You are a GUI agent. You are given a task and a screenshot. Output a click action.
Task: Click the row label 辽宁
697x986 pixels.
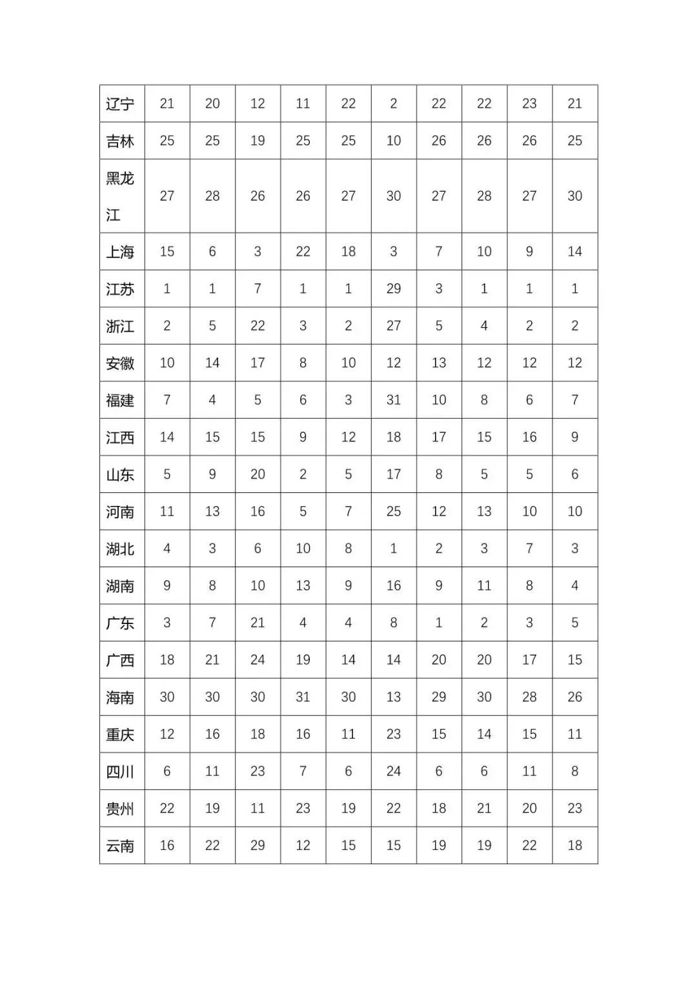point(120,104)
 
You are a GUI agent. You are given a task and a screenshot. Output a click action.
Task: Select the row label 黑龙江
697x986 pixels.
point(120,196)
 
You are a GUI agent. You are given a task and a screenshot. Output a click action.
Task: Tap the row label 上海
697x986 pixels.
point(120,252)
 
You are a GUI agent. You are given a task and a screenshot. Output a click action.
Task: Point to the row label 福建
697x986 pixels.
point(120,400)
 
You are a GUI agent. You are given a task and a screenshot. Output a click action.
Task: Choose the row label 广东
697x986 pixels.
point(120,623)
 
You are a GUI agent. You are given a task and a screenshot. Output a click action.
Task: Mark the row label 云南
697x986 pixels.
point(120,845)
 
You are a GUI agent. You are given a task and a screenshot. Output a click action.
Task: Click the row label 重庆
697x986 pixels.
point(120,734)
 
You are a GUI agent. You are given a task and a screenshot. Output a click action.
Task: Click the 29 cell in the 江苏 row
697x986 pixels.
point(394,288)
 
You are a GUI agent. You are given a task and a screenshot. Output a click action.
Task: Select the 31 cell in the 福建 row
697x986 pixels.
point(394,400)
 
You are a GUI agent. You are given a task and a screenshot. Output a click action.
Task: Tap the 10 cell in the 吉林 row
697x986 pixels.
point(394,141)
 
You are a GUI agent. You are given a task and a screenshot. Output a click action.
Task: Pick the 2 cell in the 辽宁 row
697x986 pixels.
point(394,103)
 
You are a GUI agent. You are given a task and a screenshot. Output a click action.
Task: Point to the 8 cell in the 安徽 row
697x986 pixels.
point(303,363)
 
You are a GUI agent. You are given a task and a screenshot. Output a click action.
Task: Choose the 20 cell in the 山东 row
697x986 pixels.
point(258,474)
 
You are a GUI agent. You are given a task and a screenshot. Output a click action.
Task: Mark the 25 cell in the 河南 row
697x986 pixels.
point(394,511)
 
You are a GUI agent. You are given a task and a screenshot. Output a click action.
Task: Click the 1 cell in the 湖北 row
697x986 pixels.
point(394,548)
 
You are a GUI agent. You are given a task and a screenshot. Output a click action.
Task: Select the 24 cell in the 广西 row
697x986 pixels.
point(258,659)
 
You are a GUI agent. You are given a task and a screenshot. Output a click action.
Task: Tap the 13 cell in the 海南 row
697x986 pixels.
point(394,697)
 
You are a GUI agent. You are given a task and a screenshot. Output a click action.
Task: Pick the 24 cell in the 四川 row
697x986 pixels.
point(394,771)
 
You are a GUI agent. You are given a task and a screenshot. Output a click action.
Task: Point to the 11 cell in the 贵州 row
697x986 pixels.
point(258,808)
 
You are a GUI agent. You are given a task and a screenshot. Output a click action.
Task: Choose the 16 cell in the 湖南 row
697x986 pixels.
point(394,585)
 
